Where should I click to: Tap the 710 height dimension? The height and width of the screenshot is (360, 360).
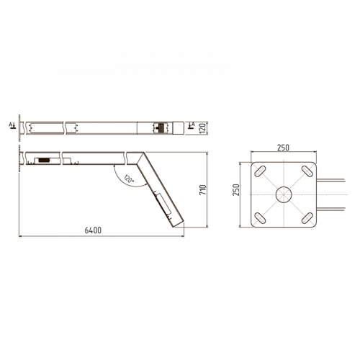point(204,190)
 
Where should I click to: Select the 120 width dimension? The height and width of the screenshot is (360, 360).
point(204,127)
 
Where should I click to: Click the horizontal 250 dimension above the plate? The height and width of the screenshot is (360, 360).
point(282,148)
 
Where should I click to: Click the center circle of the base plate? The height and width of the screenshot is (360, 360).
point(283,194)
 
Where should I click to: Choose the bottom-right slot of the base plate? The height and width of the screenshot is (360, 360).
point(305,217)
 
